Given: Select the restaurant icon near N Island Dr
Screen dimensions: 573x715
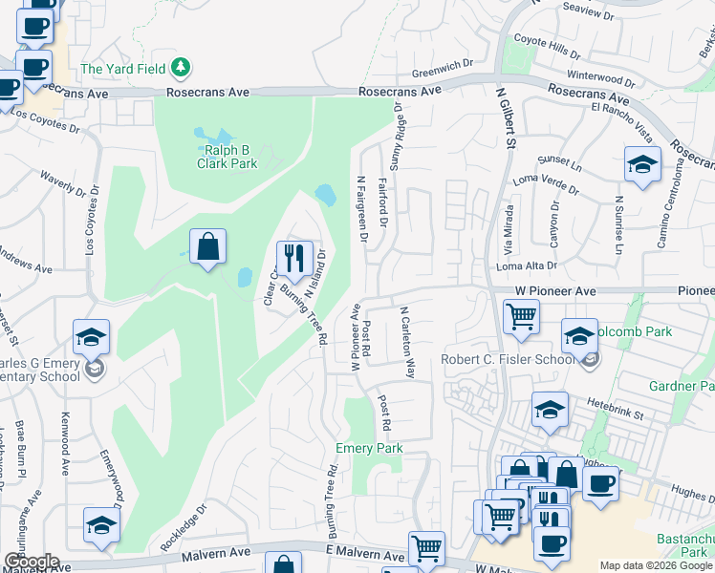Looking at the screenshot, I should point(293,256).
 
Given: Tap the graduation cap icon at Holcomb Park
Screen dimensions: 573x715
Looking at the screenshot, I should point(579,336).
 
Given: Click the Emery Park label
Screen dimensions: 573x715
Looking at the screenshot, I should point(369,448).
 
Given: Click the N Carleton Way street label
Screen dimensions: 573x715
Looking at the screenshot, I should point(408,342).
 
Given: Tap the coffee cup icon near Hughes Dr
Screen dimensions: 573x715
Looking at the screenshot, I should point(599,482).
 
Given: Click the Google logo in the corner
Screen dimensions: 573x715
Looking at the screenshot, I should point(32,562).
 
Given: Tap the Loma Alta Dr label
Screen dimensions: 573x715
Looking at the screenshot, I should point(527,266).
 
